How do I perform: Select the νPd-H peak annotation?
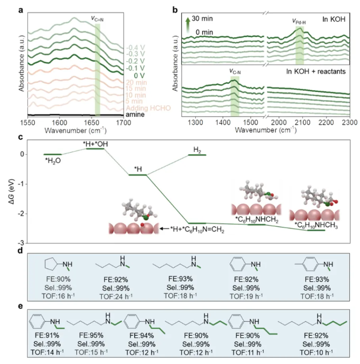coord(299,21)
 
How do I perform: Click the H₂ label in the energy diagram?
coord(198,150)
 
